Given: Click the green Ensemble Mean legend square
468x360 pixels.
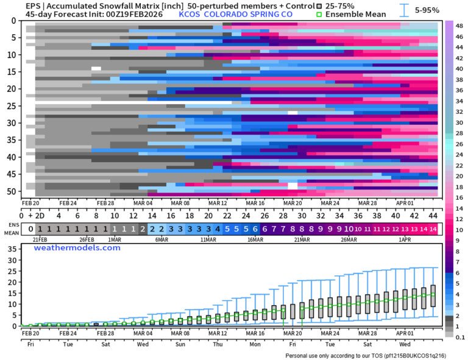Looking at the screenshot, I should (319, 14).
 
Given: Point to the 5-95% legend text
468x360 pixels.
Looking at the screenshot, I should (427, 10).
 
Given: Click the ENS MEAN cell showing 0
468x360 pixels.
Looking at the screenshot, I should (29, 230).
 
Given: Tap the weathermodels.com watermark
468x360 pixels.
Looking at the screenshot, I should (77, 248).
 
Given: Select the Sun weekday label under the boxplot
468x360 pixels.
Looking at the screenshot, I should (180, 344).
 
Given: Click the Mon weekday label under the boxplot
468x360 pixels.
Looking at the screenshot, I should (255, 344).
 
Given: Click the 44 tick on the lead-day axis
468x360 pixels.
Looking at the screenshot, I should (433, 215).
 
